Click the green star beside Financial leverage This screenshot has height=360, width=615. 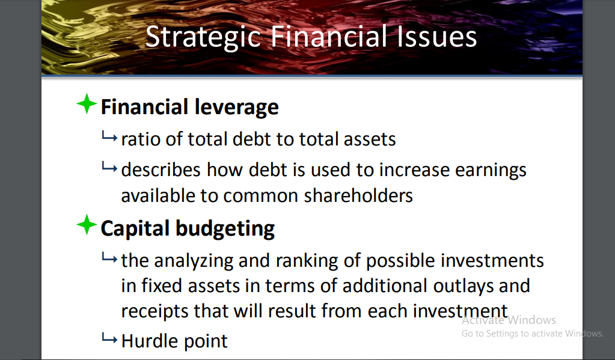(87, 105)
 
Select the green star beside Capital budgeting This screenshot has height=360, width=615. (87, 226)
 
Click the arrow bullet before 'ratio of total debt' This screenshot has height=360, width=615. (109, 138)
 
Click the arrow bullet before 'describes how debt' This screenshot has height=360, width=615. (109, 169)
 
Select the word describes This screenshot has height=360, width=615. (161, 170)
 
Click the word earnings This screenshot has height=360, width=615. (491, 170)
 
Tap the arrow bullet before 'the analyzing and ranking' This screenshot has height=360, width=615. (109, 259)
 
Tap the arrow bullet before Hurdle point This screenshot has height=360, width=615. (109, 340)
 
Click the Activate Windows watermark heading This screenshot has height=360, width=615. (509, 320)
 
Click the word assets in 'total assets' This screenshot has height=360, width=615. (370, 139)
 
